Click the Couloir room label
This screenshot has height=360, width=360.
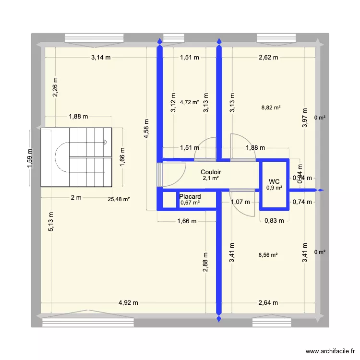(x=211, y=171)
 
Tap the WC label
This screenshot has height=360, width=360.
(x=274, y=181)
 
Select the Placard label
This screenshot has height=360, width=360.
(x=190, y=196)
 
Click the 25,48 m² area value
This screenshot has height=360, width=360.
(x=119, y=199)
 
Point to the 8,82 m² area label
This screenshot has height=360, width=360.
(x=271, y=108)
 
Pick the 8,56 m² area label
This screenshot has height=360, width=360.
(x=268, y=256)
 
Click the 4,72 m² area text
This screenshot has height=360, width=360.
(x=190, y=102)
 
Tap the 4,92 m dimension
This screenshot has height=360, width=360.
(x=129, y=303)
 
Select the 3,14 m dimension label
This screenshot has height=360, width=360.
(x=101, y=58)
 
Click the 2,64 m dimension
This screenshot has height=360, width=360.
(x=268, y=303)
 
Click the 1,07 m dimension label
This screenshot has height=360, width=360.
(x=240, y=202)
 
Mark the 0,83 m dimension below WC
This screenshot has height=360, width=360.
(x=275, y=221)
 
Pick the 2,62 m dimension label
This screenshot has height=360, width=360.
(x=268, y=58)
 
